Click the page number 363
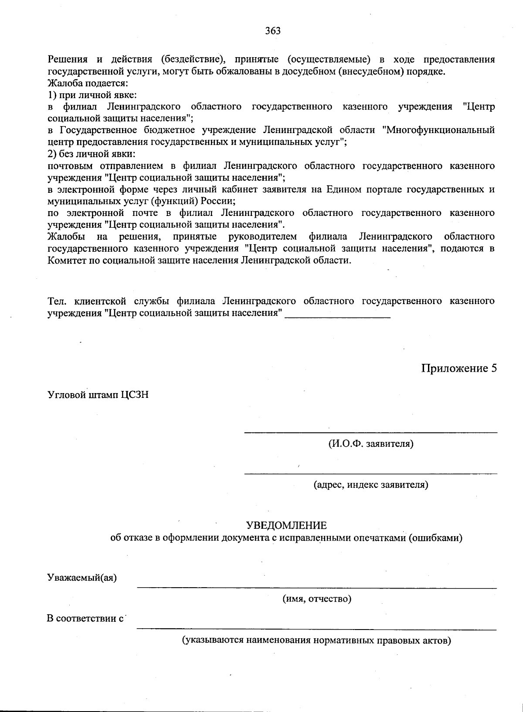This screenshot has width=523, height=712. click(272, 31)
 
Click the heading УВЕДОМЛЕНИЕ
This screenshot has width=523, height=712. click(286, 525)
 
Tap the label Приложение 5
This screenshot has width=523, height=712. click(458, 368)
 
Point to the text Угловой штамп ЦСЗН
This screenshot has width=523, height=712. click(98, 395)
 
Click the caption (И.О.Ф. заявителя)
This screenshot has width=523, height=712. click(370, 444)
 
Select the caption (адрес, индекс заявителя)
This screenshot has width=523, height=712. click(371, 485)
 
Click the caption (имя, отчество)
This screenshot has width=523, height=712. click(317, 599)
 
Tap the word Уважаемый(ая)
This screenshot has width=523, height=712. click(82, 578)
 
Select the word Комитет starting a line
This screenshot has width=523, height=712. click(66, 260)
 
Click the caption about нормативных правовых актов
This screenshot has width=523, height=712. click(316, 640)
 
